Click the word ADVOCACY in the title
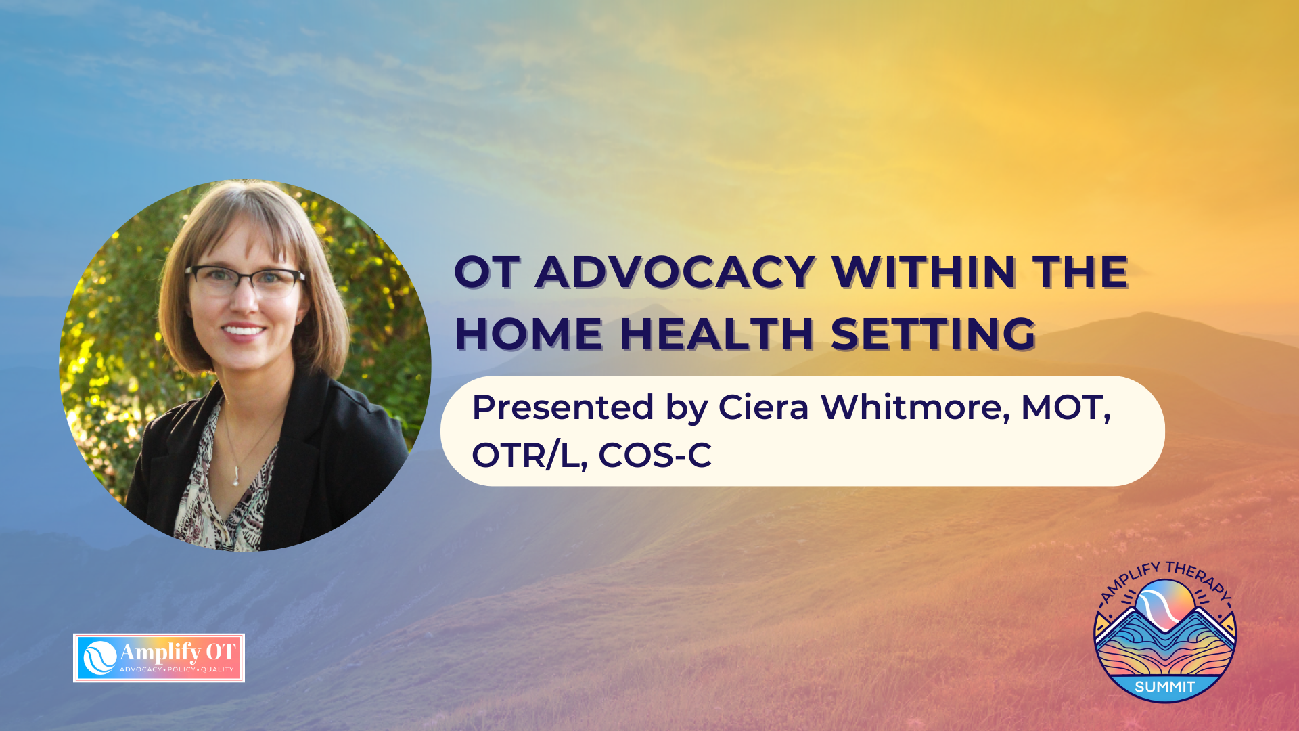click(x=675, y=273)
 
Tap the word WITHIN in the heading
click(x=924, y=273)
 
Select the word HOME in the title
click(x=528, y=334)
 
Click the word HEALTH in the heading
click(x=716, y=334)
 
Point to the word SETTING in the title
click(x=933, y=334)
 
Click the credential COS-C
click(x=655, y=456)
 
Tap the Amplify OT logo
click(x=159, y=658)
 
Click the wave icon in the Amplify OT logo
click(x=99, y=658)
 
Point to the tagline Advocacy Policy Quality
click(x=177, y=669)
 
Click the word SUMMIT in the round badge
click(x=1165, y=687)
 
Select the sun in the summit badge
click(x=1166, y=602)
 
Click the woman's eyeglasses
click(x=245, y=281)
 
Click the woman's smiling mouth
click(x=243, y=331)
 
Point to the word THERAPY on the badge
click(x=1198, y=579)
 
